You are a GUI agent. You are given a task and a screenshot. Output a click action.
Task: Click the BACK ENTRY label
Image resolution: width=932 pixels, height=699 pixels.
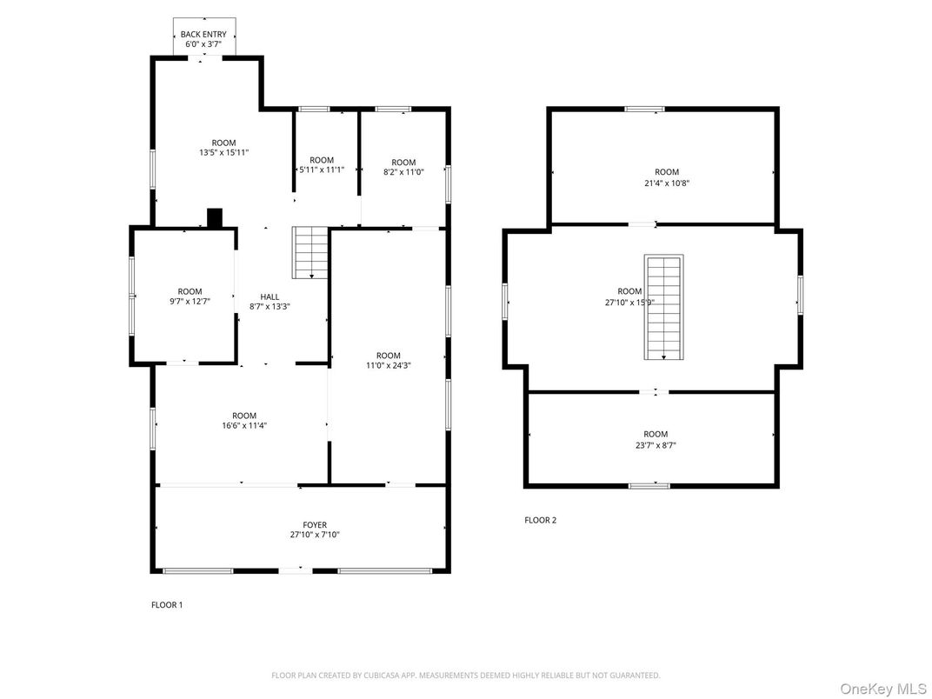pos(203,34)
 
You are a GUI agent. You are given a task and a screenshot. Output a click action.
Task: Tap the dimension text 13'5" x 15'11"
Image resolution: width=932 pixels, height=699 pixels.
pos(223,153)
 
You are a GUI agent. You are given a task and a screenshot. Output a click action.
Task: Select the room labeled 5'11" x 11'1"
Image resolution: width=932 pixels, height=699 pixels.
pos(322,164)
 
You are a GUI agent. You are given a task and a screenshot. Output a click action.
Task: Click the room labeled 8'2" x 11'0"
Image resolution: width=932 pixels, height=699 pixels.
pos(403,167)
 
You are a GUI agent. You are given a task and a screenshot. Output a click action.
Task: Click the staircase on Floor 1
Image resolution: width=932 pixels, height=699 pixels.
pos(310,252)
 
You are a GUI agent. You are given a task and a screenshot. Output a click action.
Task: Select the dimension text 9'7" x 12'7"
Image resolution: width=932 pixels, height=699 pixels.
pos(190,302)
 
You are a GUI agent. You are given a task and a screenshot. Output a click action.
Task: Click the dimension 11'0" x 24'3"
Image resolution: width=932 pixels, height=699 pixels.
pos(388,366)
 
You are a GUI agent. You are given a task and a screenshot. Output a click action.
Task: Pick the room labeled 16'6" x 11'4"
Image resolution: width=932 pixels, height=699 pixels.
pos(243,421)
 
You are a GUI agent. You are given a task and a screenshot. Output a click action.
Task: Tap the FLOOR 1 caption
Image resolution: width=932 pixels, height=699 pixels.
pos(167,605)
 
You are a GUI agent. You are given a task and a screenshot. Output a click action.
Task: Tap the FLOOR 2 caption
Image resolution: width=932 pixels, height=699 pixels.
pos(540,521)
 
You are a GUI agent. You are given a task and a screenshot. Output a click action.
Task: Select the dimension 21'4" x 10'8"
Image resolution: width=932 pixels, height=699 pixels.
pos(667,183)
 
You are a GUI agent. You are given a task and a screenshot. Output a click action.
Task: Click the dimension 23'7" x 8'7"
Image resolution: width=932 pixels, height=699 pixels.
pos(656,445)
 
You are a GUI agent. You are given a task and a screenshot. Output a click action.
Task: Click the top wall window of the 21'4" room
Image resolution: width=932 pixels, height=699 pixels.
pos(644,109)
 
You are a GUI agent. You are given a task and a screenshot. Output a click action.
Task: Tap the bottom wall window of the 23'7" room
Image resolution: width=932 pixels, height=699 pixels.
pos(649,485)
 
